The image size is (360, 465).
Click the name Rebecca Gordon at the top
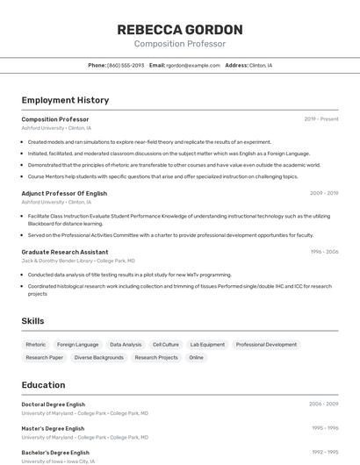179,30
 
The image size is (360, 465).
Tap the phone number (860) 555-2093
126,66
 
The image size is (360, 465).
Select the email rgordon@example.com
192,66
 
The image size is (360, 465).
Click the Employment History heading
65,100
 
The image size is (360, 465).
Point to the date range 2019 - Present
321,119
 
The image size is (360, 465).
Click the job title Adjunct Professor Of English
64,193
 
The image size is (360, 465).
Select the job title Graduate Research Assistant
65,252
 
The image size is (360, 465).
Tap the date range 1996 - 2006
324,252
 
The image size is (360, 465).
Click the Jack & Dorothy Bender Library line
78,261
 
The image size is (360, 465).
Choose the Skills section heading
32,321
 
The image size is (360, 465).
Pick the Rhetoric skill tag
36,345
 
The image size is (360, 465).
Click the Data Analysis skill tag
126,345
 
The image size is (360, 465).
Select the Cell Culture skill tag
165,345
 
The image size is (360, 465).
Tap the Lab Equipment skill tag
207,345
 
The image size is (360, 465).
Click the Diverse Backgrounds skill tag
99,358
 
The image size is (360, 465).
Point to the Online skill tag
196,358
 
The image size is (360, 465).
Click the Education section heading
43,384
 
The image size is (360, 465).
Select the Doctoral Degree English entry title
54,404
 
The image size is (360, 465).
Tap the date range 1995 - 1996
324,428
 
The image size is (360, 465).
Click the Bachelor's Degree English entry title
55,452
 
